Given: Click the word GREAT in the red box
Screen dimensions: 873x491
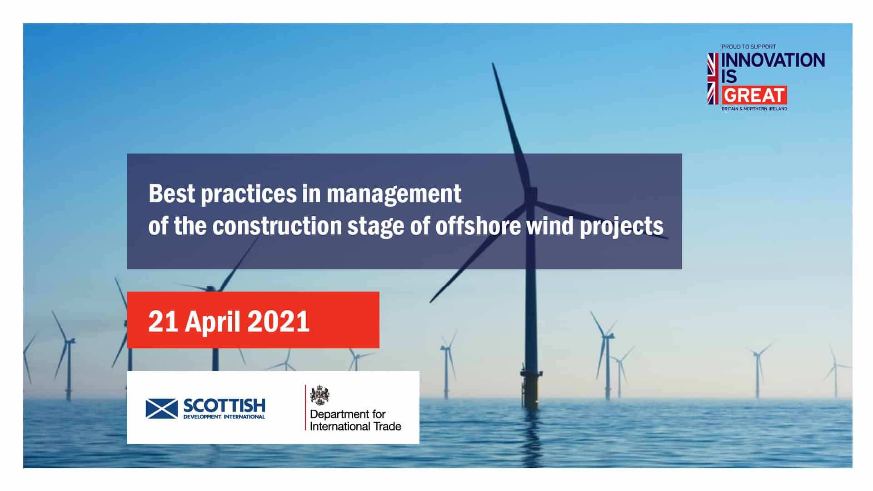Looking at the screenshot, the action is [754, 95].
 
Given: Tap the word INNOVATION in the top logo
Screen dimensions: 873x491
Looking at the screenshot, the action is [773, 60].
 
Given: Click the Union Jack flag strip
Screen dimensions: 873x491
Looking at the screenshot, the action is [713, 79].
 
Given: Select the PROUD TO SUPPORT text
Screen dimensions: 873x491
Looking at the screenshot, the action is [748, 47].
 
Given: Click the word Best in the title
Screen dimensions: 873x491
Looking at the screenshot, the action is [172, 193].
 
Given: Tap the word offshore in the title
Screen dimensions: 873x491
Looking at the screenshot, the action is [478, 226].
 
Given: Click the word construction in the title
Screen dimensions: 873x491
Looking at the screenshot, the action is [277, 226].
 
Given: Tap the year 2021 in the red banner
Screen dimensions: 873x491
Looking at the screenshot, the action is [278, 322].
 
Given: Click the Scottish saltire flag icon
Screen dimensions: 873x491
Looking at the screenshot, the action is [162, 408].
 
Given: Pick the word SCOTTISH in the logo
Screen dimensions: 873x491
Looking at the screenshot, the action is [224, 406].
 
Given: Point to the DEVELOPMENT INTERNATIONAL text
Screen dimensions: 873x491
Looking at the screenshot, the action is [224, 417].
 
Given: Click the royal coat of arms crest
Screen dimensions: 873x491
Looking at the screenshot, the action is [320, 395].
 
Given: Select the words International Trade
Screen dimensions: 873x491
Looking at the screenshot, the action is [355, 426].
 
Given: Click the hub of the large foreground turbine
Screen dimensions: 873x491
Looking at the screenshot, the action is [530, 197].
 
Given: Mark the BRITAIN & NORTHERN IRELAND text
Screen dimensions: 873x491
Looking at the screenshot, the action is [754, 109].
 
